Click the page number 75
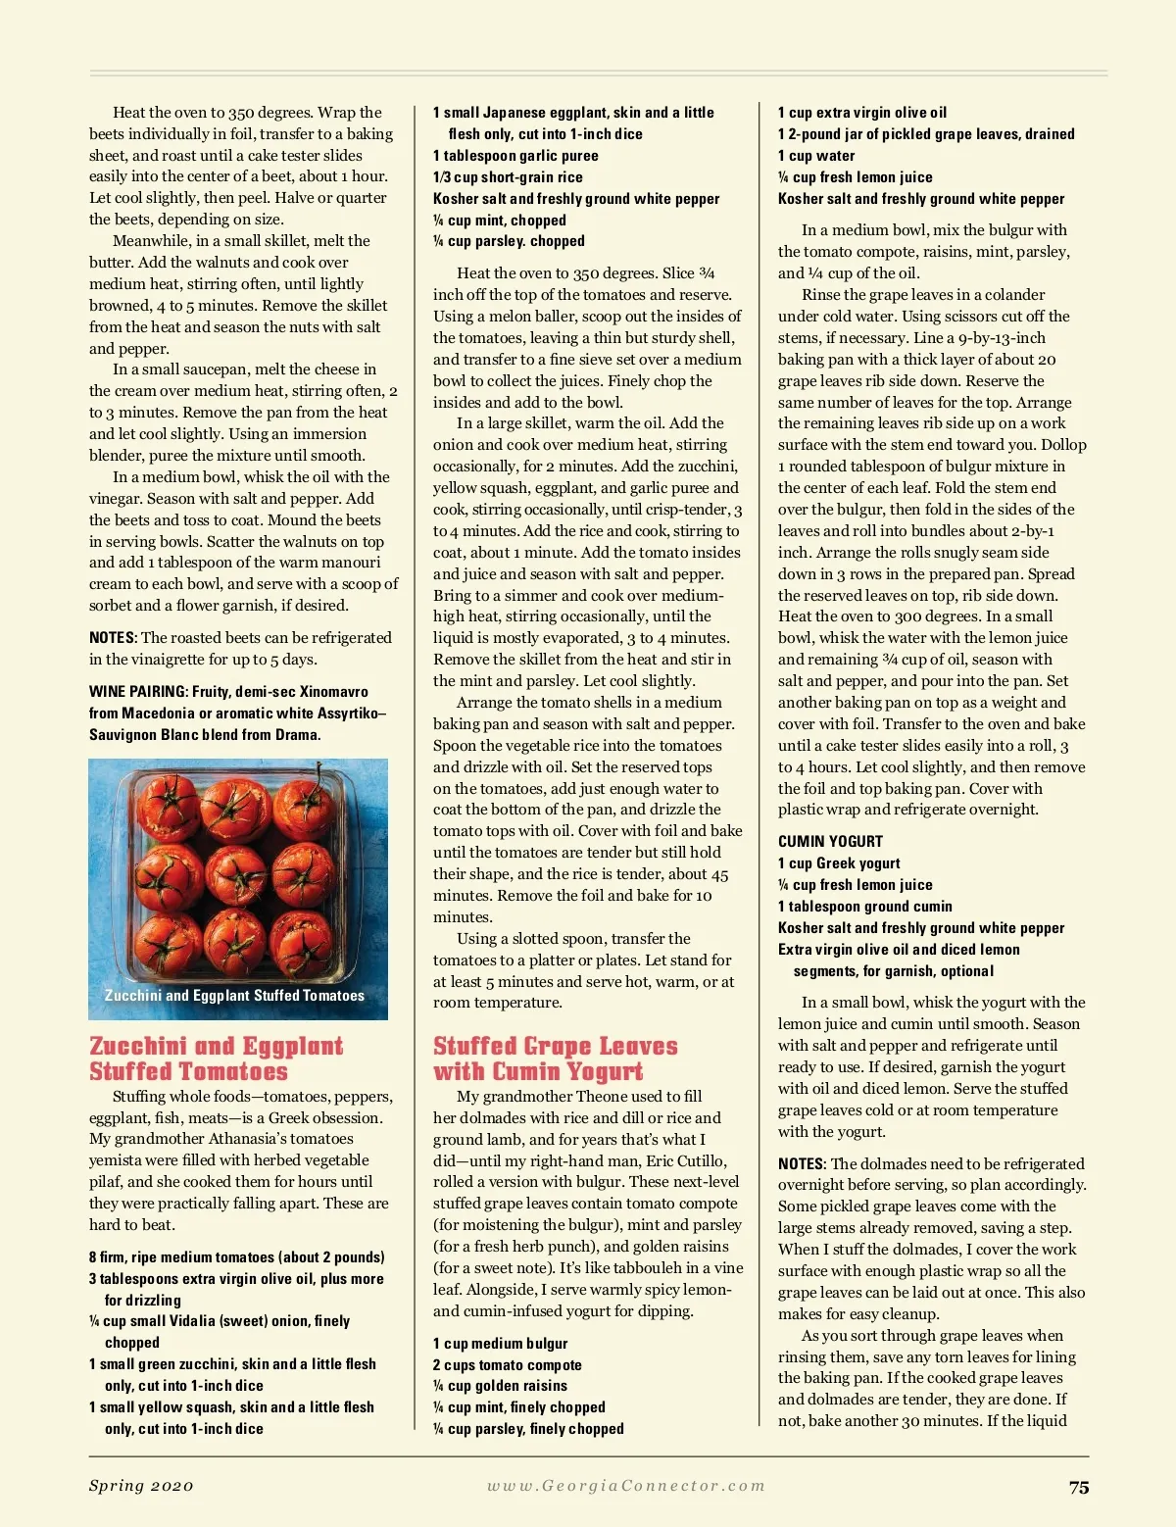(1078, 1487)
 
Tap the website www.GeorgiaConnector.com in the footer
(626, 1486)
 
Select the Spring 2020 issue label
(141, 1486)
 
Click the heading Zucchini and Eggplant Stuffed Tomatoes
(216, 1059)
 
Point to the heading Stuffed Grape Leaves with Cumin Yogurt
(555, 1059)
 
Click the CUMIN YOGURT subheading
(830, 841)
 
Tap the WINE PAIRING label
(137, 692)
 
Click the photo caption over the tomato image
(234, 995)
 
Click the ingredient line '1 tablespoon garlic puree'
(515, 156)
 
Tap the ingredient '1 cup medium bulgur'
(500, 1343)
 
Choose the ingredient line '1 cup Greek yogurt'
(839, 863)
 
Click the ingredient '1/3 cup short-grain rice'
(508, 177)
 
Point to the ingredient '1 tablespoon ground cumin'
(864, 907)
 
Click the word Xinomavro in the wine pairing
(333, 692)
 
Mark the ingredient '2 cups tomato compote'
(507, 1364)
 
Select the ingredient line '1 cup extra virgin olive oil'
(861, 113)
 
